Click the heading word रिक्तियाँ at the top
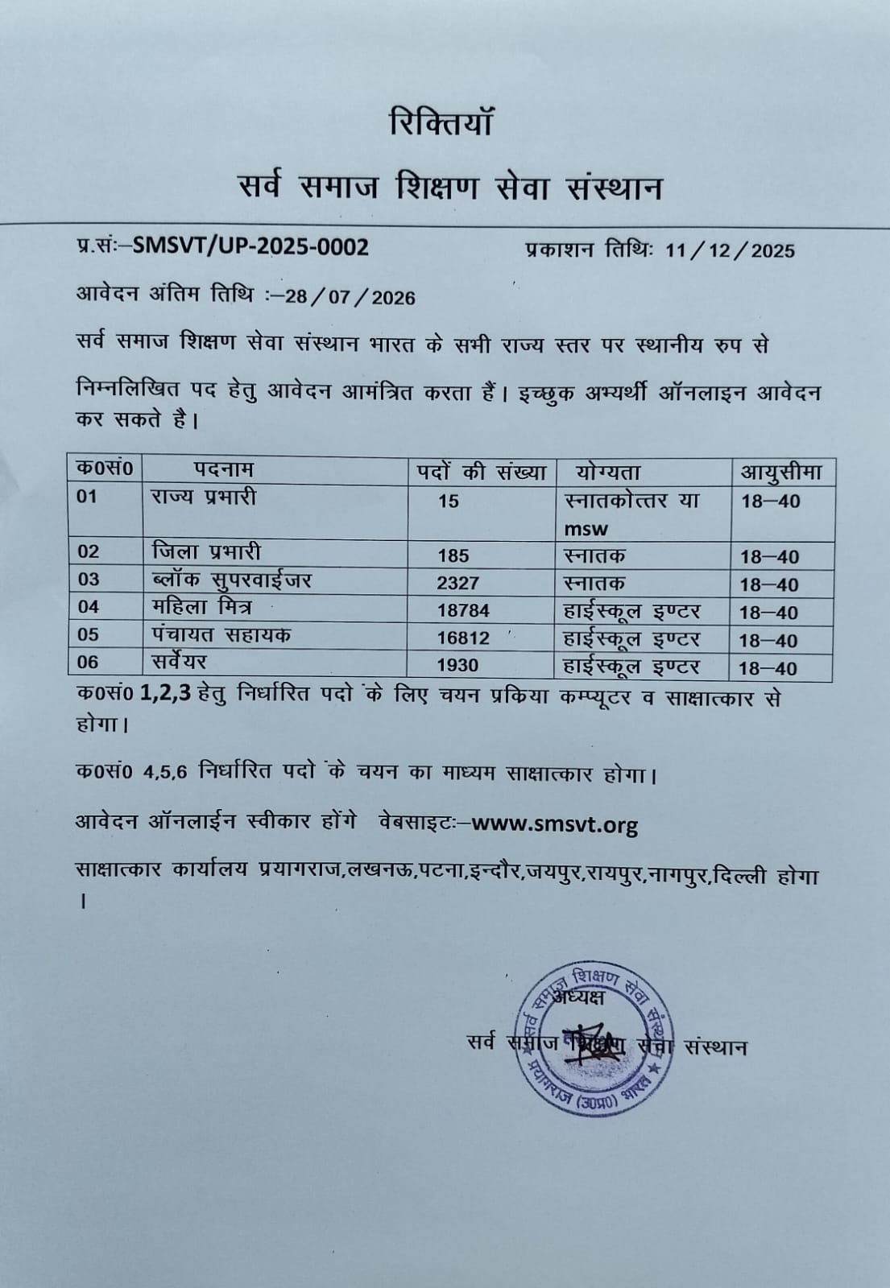440,124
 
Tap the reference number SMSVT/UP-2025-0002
250,246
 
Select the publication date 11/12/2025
730,250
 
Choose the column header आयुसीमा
780,472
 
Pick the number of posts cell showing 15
449,502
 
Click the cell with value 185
453,555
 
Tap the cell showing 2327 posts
457,583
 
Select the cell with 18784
463,611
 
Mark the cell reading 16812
463,638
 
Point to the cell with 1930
457,666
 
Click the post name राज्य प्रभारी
203,497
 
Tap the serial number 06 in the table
88,662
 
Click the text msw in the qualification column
586,529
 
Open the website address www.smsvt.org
555,824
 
